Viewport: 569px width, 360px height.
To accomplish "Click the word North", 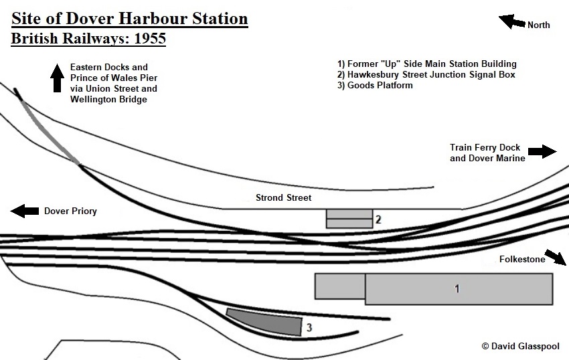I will (538, 25).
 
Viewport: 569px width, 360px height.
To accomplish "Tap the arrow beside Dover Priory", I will (24, 211).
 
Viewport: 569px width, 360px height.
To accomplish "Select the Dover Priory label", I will (70, 211).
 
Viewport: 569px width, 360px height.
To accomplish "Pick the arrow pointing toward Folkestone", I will (554, 256).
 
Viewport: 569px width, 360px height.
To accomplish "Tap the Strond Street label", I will (283, 198).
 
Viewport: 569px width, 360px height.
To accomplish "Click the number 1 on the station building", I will (457, 289).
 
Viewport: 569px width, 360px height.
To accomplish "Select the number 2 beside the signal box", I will (378, 219).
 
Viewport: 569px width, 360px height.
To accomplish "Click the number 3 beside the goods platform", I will (309, 328).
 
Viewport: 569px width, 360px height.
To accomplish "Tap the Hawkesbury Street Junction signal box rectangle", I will (349, 218).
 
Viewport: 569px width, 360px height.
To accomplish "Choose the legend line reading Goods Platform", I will (375, 85).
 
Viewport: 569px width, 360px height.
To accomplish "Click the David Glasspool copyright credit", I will (519, 346).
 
